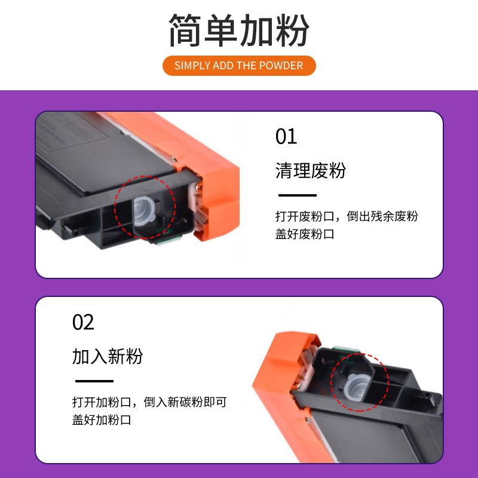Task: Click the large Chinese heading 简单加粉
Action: (x=239, y=30)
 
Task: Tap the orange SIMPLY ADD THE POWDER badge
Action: (x=239, y=66)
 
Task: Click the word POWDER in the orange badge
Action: (x=281, y=66)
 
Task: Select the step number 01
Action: (x=286, y=136)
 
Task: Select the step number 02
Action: (x=83, y=322)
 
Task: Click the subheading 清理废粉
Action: (x=310, y=170)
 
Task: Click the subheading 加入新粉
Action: (x=108, y=356)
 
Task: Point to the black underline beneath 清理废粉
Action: (x=297, y=195)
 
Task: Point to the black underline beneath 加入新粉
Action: (x=94, y=381)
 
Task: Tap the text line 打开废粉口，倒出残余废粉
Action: (x=347, y=216)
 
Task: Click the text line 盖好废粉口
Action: (x=305, y=234)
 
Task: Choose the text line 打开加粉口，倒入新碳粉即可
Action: (x=149, y=402)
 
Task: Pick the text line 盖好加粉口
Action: (x=102, y=420)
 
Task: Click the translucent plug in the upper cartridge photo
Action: (x=144, y=211)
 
